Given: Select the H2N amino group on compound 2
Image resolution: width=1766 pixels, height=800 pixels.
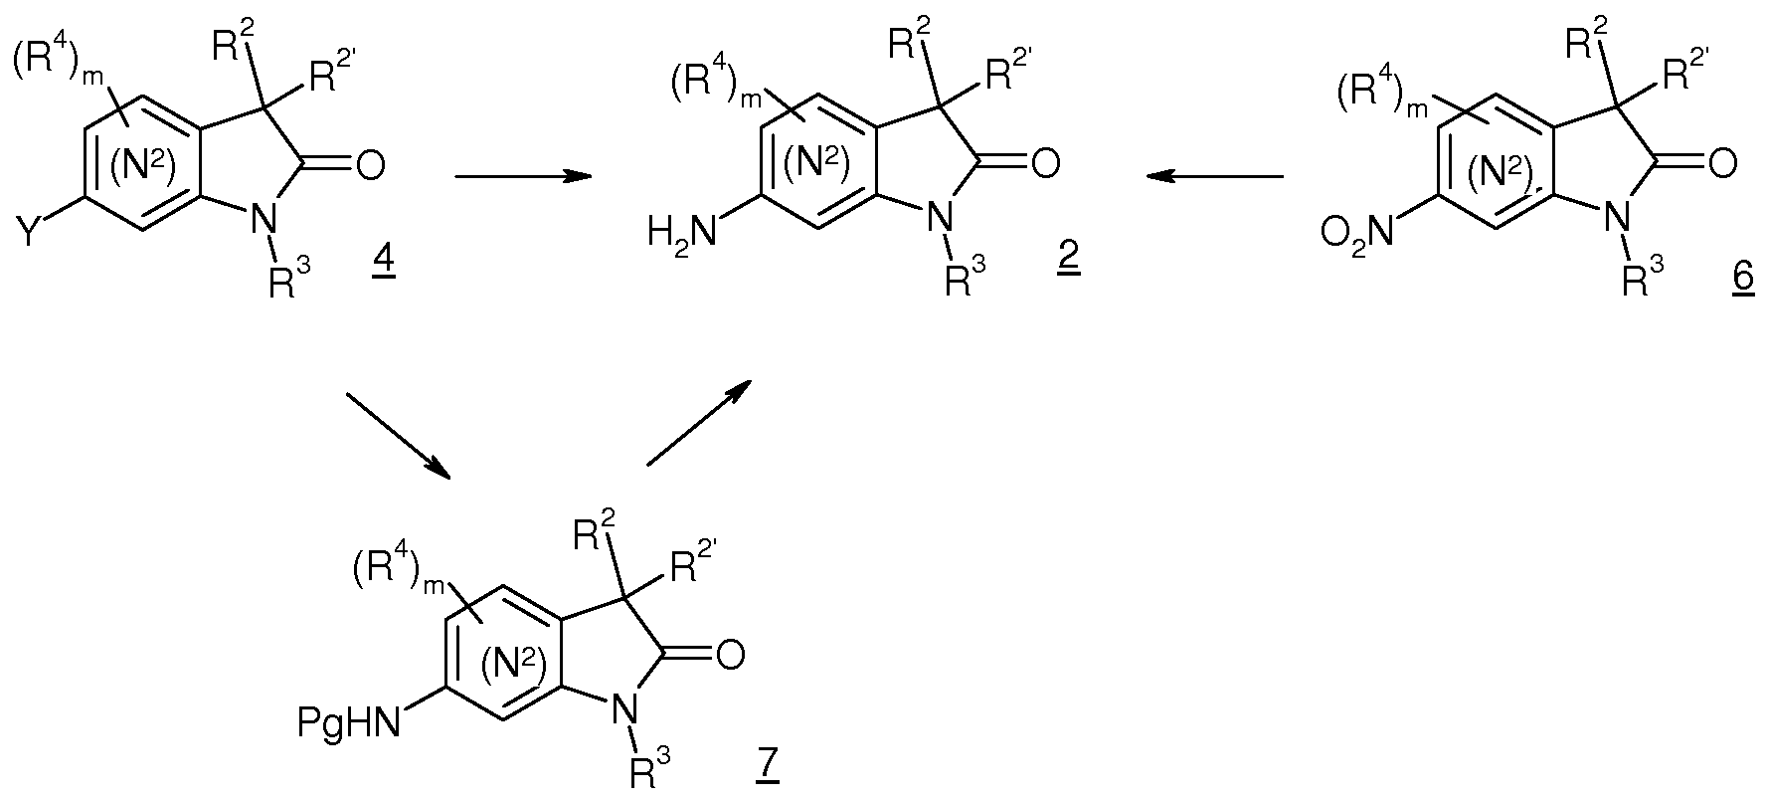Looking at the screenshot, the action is (x=681, y=235).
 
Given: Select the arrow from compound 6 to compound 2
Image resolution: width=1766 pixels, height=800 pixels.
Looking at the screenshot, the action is (x=1213, y=177).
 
